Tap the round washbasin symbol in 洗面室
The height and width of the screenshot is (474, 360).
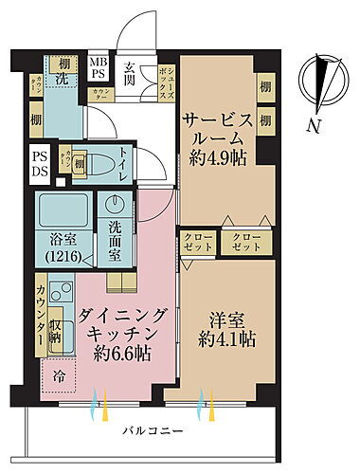click(116, 206)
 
